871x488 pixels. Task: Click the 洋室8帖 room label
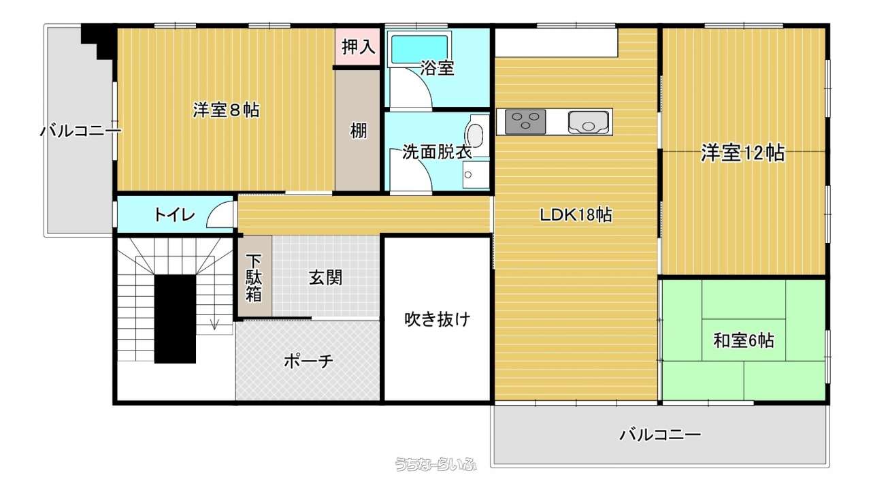(x=227, y=110)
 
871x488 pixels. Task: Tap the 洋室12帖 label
(x=742, y=153)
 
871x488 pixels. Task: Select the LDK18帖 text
(x=576, y=215)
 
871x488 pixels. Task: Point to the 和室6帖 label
(x=744, y=340)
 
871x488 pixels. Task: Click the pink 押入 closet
(x=358, y=47)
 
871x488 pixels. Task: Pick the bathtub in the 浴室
(x=420, y=50)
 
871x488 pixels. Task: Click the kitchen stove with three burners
(x=525, y=122)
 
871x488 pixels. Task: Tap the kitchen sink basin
(x=589, y=123)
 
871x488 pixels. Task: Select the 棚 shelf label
(x=358, y=131)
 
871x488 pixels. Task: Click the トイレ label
(x=175, y=214)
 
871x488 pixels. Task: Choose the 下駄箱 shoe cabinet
(x=255, y=276)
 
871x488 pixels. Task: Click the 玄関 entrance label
(x=325, y=278)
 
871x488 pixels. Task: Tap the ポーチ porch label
(x=308, y=361)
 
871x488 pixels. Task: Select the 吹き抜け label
(x=438, y=319)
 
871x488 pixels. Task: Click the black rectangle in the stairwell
(x=175, y=319)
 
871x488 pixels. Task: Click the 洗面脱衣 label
(x=437, y=152)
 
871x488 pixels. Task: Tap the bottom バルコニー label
(x=660, y=434)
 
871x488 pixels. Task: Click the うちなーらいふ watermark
(x=435, y=464)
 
